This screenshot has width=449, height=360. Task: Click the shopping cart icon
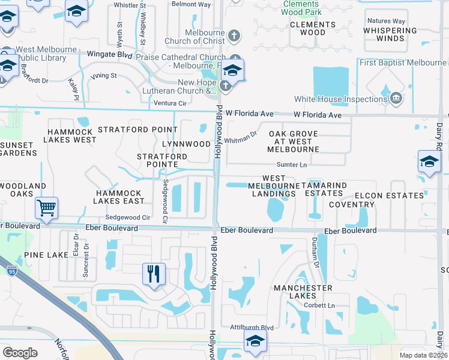(x=46, y=208)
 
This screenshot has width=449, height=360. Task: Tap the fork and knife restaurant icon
(x=154, y=274)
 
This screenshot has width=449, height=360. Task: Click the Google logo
(x=20, y=352)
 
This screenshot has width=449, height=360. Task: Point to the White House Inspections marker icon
(x=396, y=99)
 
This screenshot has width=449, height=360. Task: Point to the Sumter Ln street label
(x=291, y=164)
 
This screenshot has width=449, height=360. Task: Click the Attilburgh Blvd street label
(x=252, y=328)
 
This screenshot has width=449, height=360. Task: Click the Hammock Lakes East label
(x=118, y=197)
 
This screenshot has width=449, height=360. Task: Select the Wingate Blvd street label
(x=112, y=55)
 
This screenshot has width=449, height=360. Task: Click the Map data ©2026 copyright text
(x=423, y=355)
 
